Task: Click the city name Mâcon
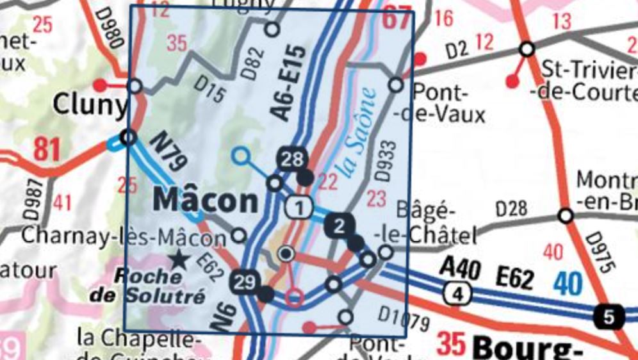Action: tap(206, 201)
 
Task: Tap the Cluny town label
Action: tap(90, 105)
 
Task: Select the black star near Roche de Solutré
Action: tap(179, 259)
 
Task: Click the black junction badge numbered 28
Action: tap(291, 159)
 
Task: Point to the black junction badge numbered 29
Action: tap(245, 282)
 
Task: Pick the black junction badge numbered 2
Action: tap(339, 225)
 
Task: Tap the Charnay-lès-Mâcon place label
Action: tap(124, 237)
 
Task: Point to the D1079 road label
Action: tap(403, 318)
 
